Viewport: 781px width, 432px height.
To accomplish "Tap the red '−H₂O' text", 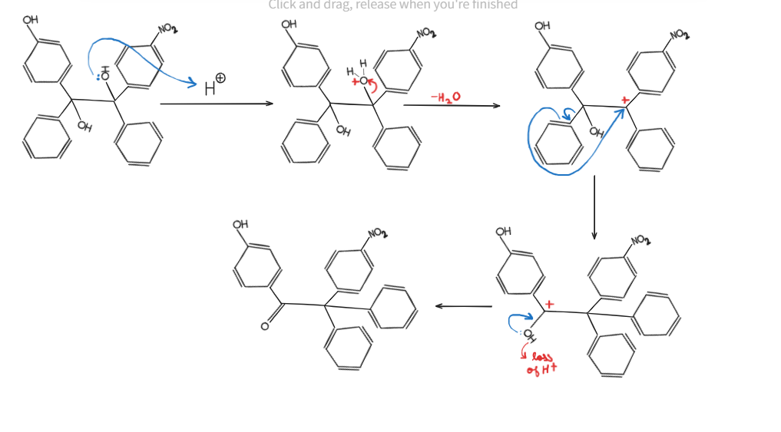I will (445, 97).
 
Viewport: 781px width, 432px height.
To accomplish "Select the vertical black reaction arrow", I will (594, 207).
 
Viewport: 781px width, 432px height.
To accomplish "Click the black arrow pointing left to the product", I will (463, 306).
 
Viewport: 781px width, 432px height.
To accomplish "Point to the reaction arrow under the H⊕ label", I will (217, 104).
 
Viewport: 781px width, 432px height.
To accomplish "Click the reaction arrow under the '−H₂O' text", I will (451, 105).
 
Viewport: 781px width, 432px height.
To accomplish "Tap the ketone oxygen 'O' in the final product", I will (265, 327).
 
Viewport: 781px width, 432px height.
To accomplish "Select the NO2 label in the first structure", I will (167, 29).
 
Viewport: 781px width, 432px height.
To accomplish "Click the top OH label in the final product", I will (240, 224).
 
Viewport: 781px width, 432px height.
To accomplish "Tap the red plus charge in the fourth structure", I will (548, 305).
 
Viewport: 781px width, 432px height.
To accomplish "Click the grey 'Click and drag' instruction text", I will (392, 5).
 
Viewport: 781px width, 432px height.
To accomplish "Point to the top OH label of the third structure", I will (542, 25).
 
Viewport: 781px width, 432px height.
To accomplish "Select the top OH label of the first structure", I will (31, 19).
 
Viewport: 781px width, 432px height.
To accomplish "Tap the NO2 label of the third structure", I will (679, 35).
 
